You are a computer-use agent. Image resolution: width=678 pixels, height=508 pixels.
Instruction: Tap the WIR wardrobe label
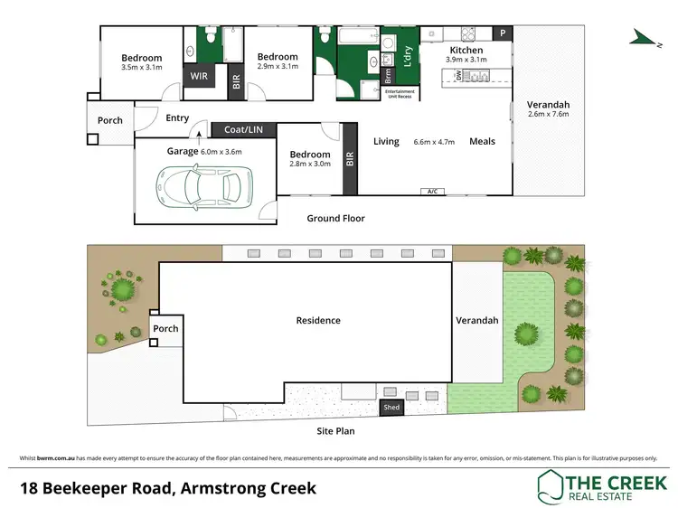pyautogui.click(x=199, y=76)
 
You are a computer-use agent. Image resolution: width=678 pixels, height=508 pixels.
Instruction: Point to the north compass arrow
pyautogui.click(x=644, y=35)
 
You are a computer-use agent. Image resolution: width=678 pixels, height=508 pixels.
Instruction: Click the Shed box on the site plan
pyautogui.click(x=391, y=408)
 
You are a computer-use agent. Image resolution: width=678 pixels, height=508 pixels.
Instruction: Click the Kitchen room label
pyautogui.click(x=466, y=50)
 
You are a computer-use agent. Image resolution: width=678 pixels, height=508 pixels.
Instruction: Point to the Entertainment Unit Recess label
pyautogui.click(x=400, y=94)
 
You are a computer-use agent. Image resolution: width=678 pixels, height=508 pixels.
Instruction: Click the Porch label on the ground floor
pyautogui.click(x=110, y=120)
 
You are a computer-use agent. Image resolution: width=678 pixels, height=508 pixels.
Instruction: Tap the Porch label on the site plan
pyautogui.click(x=165, y=328)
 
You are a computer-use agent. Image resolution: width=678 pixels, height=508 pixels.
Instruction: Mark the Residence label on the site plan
pyautogui.click(x=318, y=320)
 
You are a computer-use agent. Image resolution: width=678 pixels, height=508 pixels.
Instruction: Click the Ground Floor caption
pyautogui.click(x=335, y=218)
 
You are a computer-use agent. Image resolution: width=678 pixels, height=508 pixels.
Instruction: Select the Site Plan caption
pyautogui.click(x=334, y=431)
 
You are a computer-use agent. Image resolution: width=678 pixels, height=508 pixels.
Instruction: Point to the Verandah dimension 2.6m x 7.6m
pyautogui.click(x=549, y=115)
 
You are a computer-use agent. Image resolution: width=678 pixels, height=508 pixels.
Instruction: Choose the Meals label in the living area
pyautogui.click(x=482, y=141)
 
